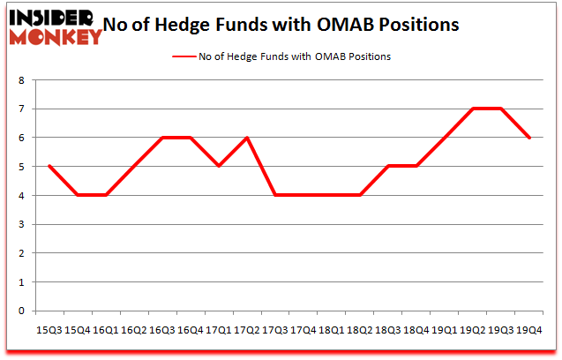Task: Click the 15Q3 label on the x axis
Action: [49, 329]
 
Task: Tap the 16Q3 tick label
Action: [161, 329]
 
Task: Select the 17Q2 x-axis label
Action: [246, 329]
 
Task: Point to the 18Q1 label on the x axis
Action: [331, 329]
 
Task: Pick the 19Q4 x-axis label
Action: [529, 329]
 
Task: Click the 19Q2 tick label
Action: [473, 329]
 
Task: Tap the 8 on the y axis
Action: [23, 80]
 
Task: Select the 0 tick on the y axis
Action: [23, 311]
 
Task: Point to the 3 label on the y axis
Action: [23, 224]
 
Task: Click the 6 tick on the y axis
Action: [23, 138]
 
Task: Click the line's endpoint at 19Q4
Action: [529, 138]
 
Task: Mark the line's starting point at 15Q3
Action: [49, 166]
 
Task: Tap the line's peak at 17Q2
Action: [246, 138]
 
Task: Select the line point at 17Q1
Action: [218, 166]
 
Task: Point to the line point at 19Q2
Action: [473, 109]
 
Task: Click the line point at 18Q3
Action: [387, 166]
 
